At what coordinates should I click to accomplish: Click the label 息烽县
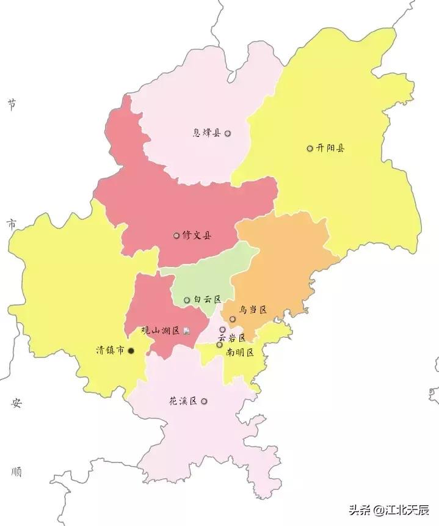207,133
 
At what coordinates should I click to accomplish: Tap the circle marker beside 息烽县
228,133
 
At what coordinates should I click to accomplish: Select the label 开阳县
330,148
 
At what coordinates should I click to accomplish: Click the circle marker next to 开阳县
310,148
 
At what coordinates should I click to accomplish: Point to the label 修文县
197,235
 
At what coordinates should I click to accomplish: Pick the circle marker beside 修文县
176,235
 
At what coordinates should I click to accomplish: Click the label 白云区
207,300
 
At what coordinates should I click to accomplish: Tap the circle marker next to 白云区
187,300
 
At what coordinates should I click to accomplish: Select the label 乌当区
253,310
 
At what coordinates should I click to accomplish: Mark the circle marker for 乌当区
233,319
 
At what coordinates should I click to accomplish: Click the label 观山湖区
161,331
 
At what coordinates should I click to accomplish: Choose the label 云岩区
232,338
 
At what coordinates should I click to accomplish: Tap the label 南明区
239,352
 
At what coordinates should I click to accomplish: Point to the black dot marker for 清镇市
131,351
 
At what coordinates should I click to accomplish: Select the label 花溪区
183,401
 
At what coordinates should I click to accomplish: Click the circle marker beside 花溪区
204,401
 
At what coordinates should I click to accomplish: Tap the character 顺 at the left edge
16,472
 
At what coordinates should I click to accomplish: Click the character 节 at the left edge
12,104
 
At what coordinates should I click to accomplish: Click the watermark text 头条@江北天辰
389,510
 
